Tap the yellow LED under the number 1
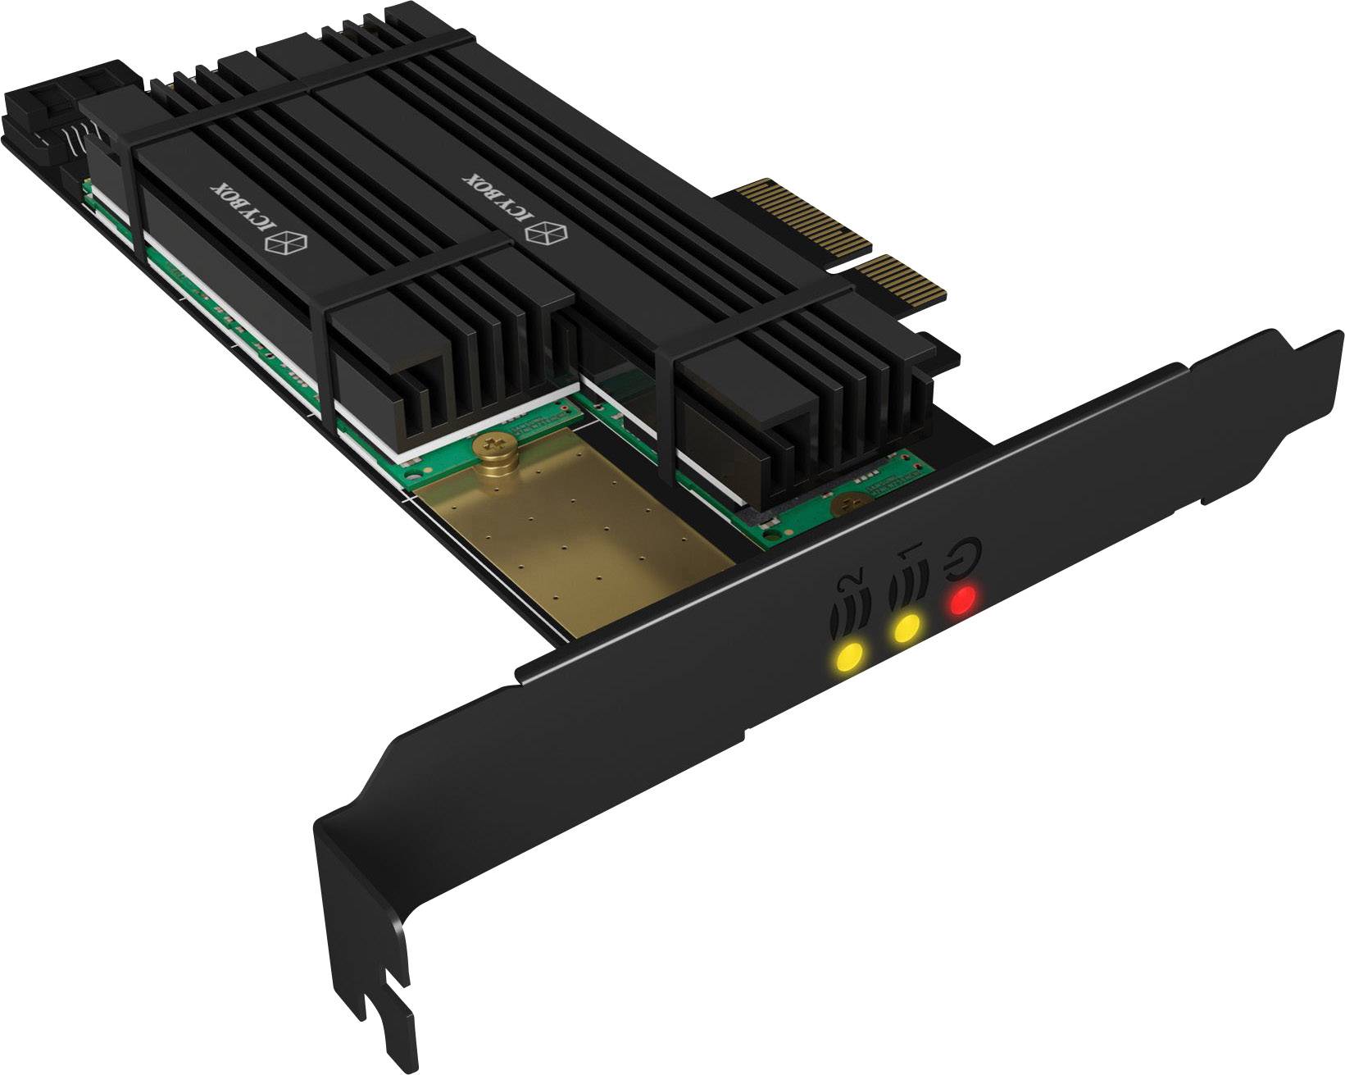[x=906, y=630]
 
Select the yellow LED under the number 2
[x=849, y=655]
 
